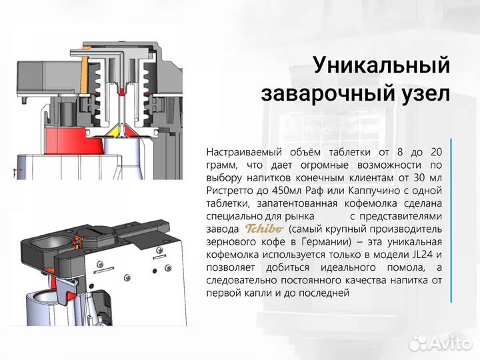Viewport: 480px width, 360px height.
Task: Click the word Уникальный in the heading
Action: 381,65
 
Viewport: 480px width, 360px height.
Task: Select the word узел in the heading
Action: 423,93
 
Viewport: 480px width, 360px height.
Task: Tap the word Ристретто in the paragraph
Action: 229,191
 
